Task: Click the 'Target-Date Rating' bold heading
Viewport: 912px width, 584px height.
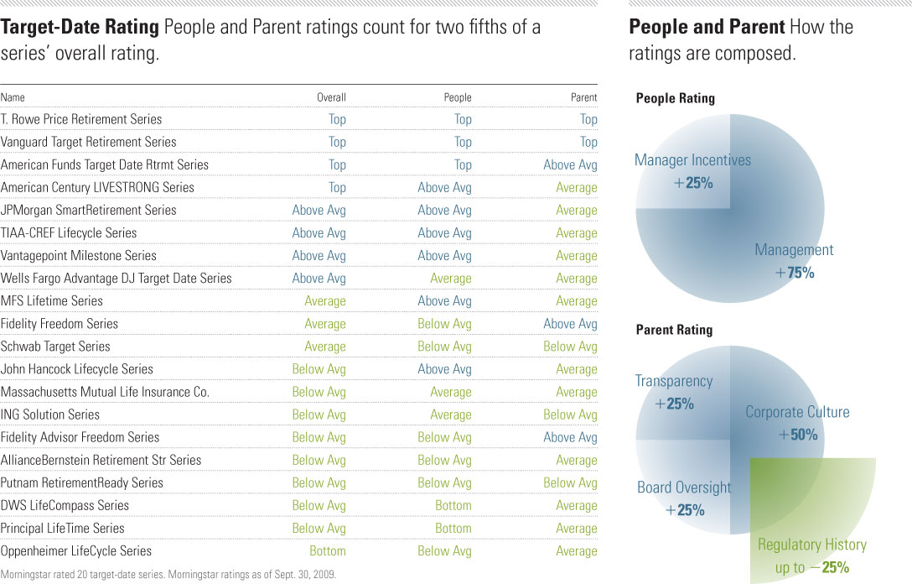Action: pos(80,28)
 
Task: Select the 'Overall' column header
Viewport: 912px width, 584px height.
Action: pos(331,97)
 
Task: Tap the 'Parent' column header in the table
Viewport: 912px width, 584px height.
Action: pos(583,97)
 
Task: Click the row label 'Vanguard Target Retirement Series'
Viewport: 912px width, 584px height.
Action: pos(88,142)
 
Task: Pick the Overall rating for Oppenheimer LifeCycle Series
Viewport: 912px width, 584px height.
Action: pos(327,550)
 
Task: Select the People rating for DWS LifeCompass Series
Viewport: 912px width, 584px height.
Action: pos(453,505)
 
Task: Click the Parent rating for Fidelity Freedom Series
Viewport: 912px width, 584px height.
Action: pos(570,323)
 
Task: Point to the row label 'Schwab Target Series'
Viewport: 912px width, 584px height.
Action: pos(55,346)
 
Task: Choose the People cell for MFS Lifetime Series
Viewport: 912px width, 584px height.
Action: pos(444,300)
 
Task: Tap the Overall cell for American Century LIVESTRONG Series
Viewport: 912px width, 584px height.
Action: pos(337,187)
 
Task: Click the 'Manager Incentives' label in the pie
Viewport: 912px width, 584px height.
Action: pos(692,160)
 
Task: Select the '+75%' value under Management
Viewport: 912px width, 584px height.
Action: pos(794,273)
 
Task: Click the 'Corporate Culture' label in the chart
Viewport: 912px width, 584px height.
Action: pos(797,412)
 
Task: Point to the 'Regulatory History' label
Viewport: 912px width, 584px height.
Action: pos(811,545)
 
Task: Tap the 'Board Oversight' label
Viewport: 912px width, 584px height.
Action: pos(684,488)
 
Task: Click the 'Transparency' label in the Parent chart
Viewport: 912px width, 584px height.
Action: pos(673,381)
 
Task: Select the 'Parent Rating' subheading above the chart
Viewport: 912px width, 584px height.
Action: pos(674,330)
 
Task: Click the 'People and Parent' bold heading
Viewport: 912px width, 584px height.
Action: pos(707,28)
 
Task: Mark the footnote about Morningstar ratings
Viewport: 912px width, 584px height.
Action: pos(168,575)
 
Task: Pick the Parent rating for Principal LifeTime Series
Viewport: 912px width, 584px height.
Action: pos(576,528)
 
